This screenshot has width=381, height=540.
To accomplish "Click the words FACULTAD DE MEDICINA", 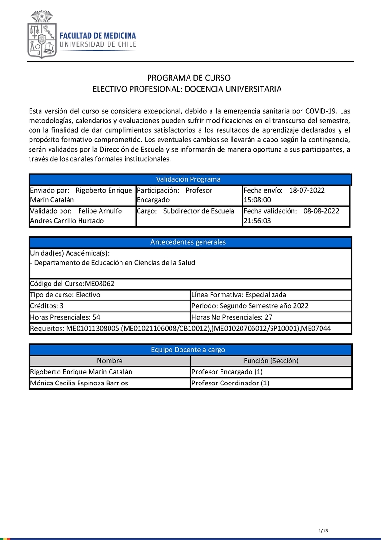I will (98, 36).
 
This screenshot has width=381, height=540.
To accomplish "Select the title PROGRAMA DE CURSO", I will (189, 78).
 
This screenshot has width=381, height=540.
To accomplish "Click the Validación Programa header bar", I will (189, 179).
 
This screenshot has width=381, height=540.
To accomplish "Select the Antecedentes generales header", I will (189, 242).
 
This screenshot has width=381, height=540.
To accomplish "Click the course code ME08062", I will (100, 284).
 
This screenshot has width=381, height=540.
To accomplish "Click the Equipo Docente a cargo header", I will (189, 350).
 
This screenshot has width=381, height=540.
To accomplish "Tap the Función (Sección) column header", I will (271, 361).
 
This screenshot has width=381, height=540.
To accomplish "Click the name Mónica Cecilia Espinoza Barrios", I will (79, 383).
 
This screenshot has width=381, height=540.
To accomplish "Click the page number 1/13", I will (323, 531).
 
